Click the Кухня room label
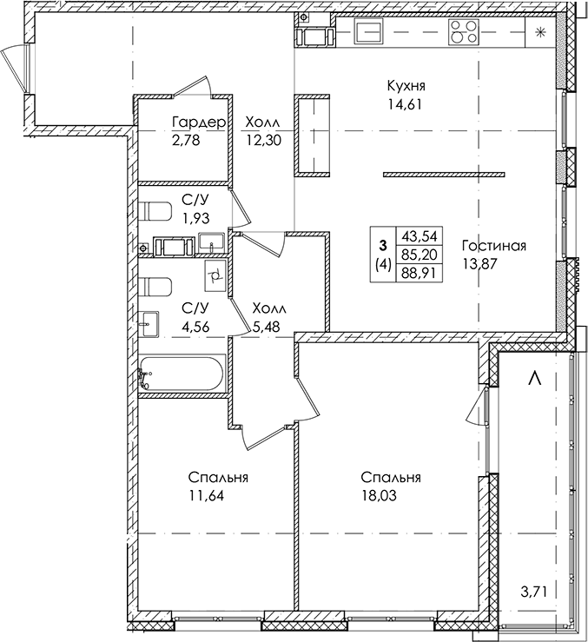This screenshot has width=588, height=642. tap(407, 85)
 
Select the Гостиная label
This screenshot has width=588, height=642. tap(494, 246)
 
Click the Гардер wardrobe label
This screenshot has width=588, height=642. tap(199, 122)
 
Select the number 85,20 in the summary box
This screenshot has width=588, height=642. tap(417, 255)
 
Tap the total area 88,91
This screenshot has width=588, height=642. tap(417, 273)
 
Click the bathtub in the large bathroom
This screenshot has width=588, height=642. tap(182, 374)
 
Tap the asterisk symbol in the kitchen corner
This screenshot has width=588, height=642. tap(540, 33)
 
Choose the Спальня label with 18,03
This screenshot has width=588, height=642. tap(391, 478)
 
